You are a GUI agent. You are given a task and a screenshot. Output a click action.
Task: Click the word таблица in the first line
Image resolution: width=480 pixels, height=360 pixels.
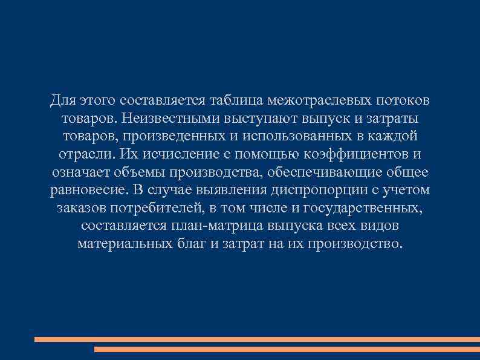pyautogui.click(x=240, y=99)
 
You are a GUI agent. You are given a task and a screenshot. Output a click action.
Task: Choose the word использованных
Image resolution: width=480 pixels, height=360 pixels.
pyautogui.click(x=287, y=136)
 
